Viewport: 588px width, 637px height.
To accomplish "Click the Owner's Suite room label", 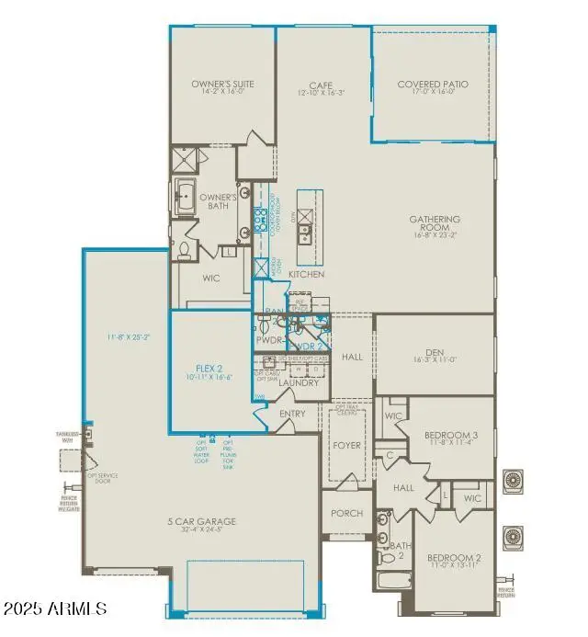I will (x=222, y=85).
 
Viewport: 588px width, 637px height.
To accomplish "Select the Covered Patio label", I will (x=432, y=85).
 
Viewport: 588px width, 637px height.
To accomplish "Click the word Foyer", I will (x=348, y=446).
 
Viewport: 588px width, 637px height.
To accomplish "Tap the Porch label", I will (x=346, y=513).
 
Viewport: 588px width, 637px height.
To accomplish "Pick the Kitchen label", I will (x=307, y=275).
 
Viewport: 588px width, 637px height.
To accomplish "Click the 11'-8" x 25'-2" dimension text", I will (x=127, y=337).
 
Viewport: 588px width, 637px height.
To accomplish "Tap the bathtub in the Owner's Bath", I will (x=187, y=198).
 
